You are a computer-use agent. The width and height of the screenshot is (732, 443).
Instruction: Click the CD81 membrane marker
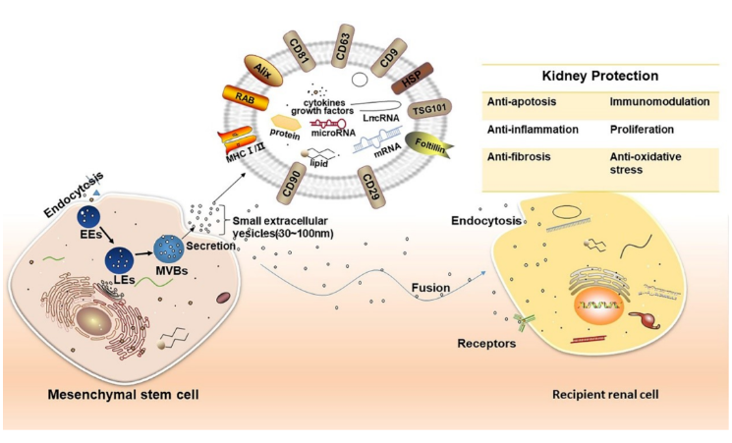299,47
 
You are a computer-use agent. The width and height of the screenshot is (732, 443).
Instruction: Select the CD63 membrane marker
347,35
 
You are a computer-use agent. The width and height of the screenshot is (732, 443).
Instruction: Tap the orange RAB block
246,97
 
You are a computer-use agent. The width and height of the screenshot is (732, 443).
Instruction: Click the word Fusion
432,288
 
